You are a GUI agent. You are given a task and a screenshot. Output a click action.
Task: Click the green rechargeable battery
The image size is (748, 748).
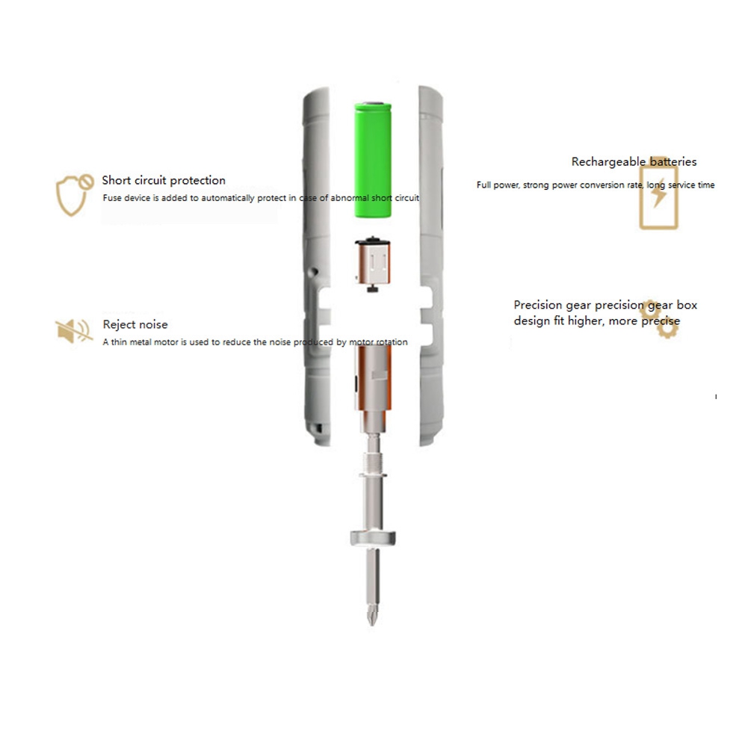click(x=373, y=160)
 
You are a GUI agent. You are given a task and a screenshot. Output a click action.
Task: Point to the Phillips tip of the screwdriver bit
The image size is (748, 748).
click(x=372, y=616)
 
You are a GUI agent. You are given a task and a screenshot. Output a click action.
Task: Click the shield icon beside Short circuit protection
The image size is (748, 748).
click(x=74, y=194)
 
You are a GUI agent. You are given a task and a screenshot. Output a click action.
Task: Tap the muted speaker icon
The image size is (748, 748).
click(x=73, y=330)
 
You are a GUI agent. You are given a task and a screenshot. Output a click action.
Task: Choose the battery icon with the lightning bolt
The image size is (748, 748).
click(x=658, y=193)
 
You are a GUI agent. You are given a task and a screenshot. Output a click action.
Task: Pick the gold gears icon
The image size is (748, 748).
click(x=659, y=318)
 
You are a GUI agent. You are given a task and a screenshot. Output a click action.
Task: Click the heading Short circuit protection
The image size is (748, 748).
click(x=164, y=180)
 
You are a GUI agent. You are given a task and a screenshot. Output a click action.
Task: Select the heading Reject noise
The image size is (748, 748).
click(x=135, y=324)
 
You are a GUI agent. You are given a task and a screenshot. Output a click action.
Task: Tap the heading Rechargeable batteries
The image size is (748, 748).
click(x=634, y=161)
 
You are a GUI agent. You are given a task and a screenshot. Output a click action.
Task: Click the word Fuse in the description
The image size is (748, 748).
click(x=112, y=198)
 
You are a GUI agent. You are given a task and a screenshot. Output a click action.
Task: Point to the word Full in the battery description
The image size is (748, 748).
click(x=483, y=185)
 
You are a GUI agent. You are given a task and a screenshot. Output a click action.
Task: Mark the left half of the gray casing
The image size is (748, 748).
click(x=317, y=266)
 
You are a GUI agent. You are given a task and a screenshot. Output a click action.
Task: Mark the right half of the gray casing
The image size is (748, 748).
click(x=431, y=266)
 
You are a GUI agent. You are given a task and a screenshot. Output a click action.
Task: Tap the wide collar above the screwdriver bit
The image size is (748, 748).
click(x=373, y=538)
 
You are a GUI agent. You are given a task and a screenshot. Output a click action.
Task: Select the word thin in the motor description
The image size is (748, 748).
click(x=119, y=342)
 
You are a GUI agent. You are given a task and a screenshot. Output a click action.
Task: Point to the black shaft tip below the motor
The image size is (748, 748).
click(x=373, y=288)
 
